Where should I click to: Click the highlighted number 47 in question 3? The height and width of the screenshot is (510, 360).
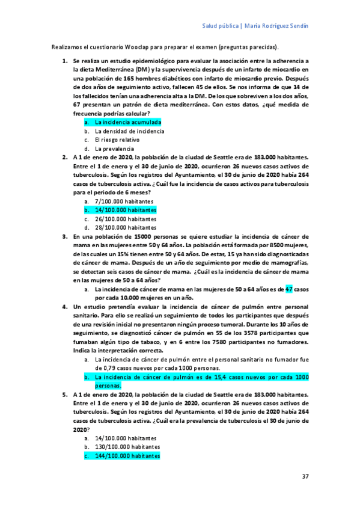[x=288, y=289]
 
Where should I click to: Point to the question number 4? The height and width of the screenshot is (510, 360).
[x=66, y=307]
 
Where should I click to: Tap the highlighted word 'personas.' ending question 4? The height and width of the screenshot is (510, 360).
[x=108, y=386]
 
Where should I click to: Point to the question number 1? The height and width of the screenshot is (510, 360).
[x=66, y=61]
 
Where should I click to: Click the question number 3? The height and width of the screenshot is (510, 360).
[x=66, y=237]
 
